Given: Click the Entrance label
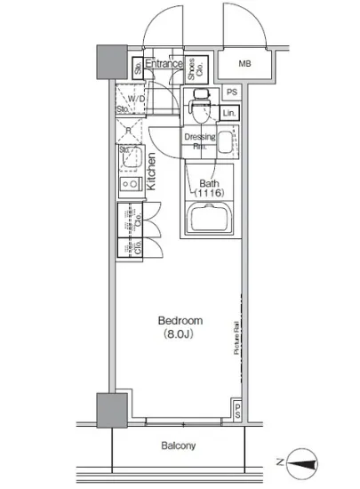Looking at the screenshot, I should [x=164, y=64].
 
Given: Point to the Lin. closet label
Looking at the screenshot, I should [x=230, y=113].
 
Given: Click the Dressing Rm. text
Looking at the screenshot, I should [x=199, y=140].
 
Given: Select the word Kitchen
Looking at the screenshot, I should [x=152, y=172].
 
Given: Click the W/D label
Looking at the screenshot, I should [x=136, y=99].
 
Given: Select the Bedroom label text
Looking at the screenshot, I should [x=180, y=320].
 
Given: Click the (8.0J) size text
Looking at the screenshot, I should [x=180, y=334].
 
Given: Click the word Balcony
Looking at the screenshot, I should [x=178, y=445].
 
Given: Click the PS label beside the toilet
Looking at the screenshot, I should [x=230, y=92].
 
